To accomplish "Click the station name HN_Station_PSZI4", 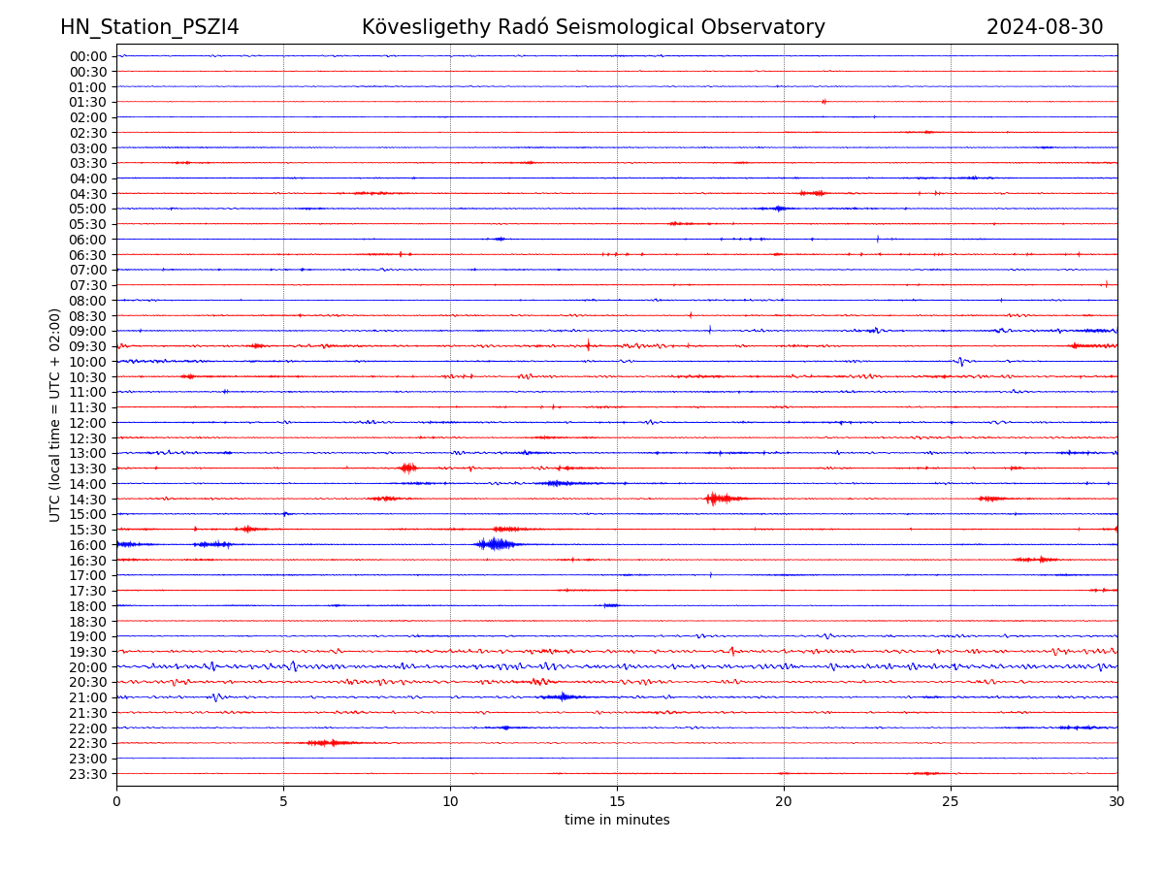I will pos(149,27).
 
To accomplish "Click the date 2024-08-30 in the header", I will pos(1045,27).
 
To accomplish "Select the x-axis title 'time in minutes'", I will pos(617,820).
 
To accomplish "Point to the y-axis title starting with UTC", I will pos(55,414).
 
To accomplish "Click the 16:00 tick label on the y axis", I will pos(88,545).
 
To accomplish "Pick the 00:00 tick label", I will pos(88,56).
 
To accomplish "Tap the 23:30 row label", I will pos(88,774).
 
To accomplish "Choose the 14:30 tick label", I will pos(88,499).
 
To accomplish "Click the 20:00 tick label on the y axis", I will pos(88,667).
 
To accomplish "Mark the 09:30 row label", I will pos(88,346).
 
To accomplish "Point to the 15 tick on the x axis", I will pos(617,801).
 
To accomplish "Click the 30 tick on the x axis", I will pos(1116,801).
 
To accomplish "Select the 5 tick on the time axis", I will pos(283,801).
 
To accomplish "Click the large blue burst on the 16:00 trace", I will pos(497,544).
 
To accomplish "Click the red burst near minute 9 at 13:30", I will pos(408,468).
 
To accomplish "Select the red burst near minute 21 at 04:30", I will pos(813,193).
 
